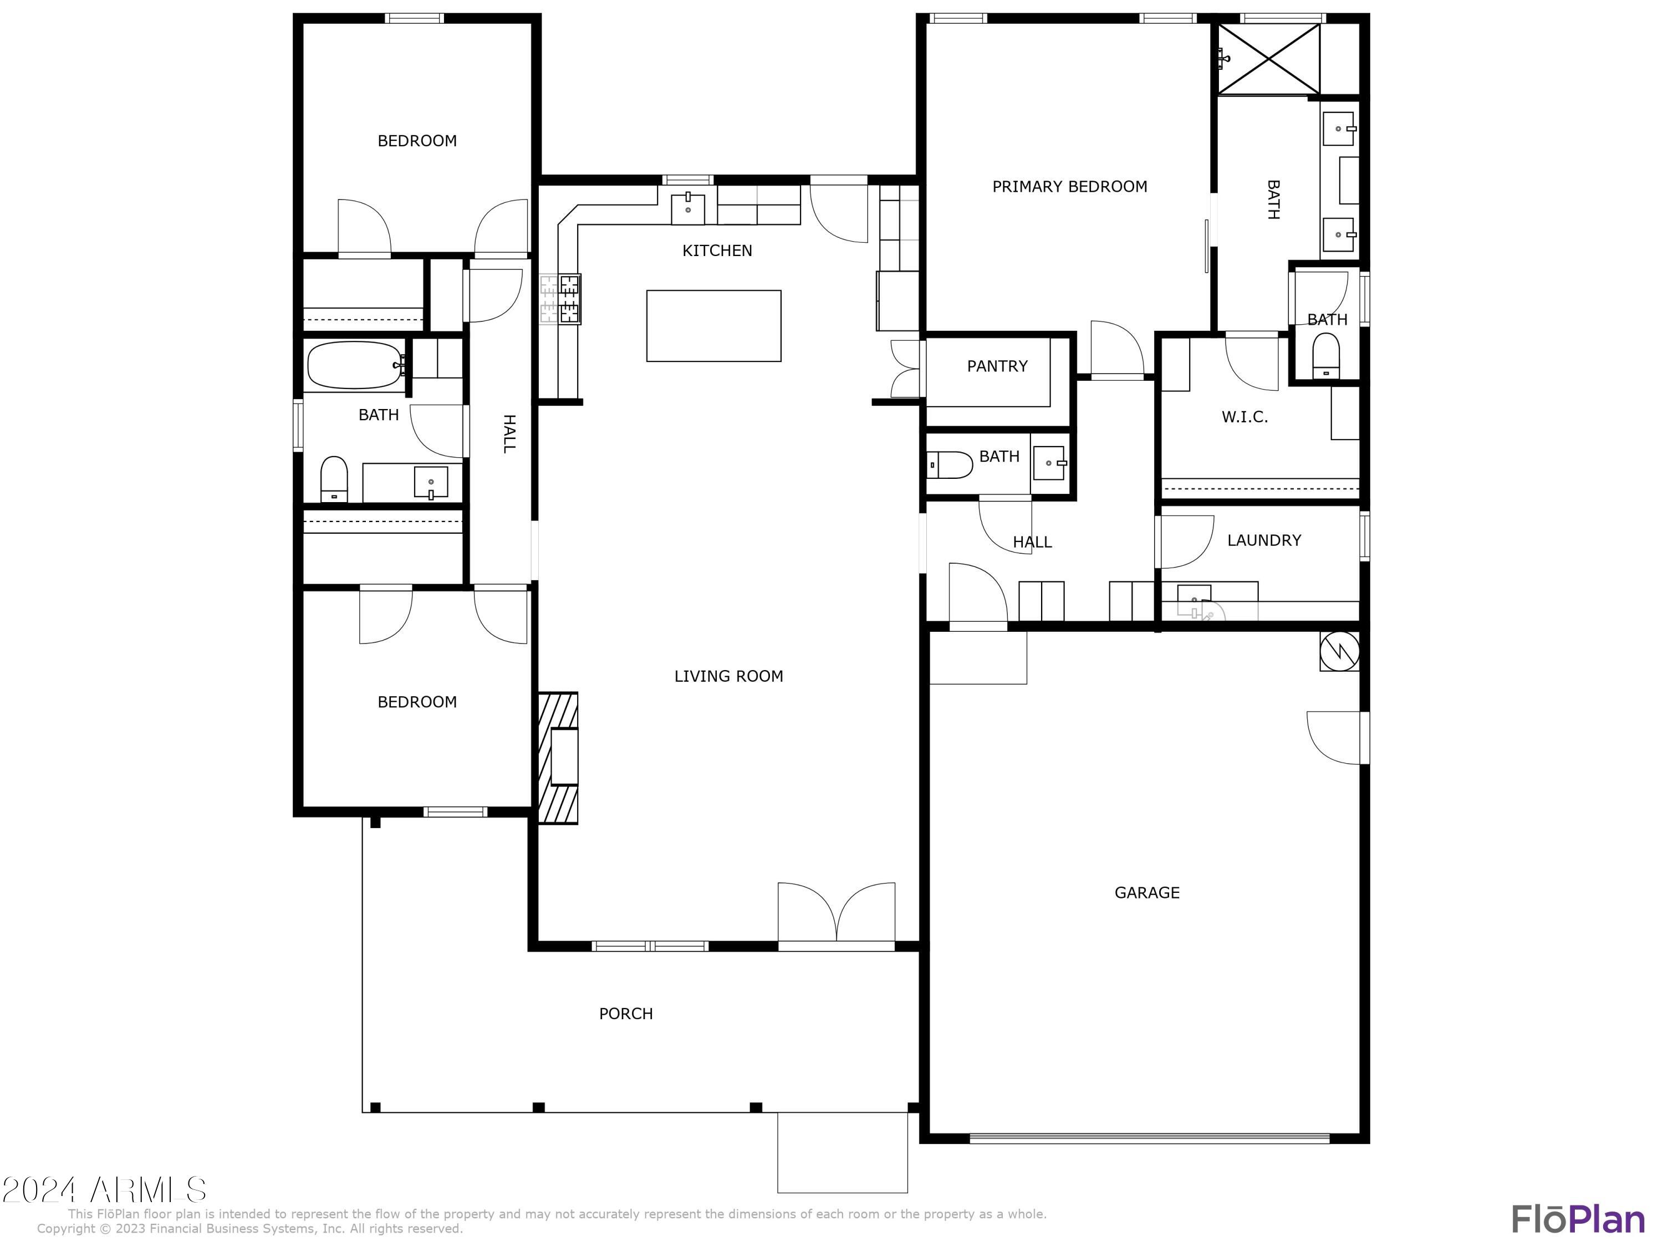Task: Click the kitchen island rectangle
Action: click(713, 325)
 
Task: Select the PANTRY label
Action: click(997, 366)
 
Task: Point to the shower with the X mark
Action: click(1268, 59)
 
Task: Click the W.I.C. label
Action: click(1244, 417)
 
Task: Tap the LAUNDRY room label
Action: click(1264, 540)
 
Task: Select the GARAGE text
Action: click(1146, 892)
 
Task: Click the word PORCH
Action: click(625, 1013)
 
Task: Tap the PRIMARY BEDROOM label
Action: click(1069, 186)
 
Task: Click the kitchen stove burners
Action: click(569, 298)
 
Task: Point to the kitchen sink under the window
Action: click(688, 208)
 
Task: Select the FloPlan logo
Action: click(1577, 1220)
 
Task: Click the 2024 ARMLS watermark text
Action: click(104, 1190)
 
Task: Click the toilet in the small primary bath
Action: click(1325, 355)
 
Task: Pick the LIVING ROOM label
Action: click(728, 676)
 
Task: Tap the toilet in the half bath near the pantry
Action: click(949, 464)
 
